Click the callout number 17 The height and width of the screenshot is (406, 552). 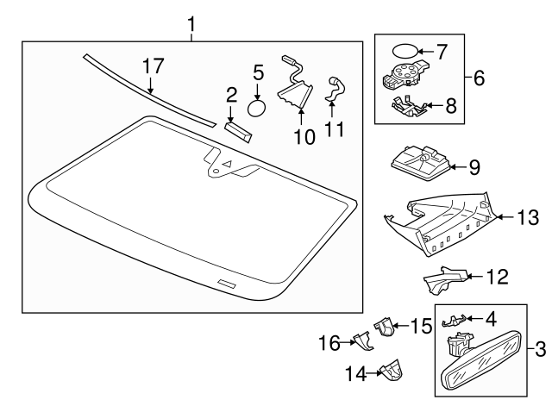pyautogui.click(x=152, y=66)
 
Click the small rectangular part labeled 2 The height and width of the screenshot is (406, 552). pyautogui.click(x=235, y=129)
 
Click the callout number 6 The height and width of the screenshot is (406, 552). pyautogui.click(x=479, y=78)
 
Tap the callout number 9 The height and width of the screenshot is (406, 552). pyautogui.click(x=474, y=167)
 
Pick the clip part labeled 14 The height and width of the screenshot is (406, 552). pyautogui.click(x=393, y=371)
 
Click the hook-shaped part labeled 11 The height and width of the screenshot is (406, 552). pyautogui.click(x=334, y=89)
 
